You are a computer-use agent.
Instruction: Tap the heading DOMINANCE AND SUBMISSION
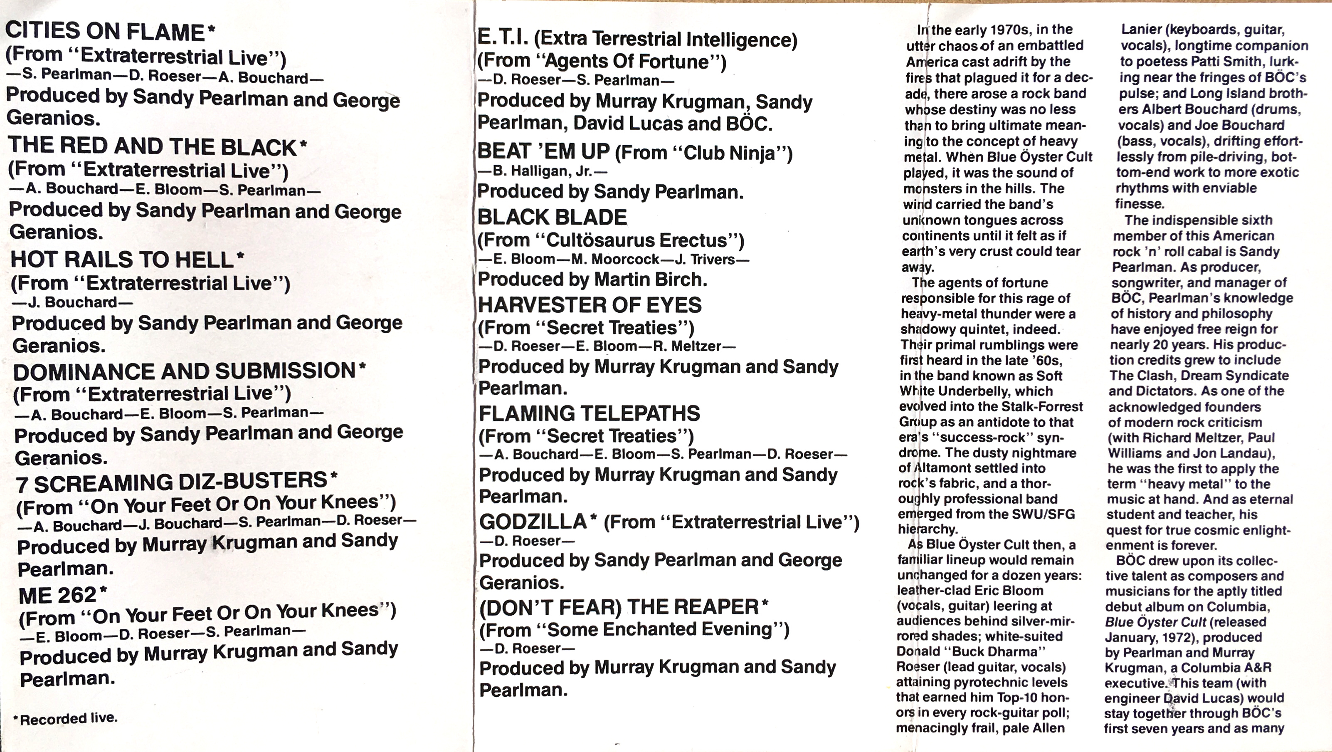[184, 371]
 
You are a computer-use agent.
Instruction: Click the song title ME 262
[57, 596]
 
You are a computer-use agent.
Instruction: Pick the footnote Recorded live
[68, 718]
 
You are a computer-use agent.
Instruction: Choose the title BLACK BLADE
[552, 218]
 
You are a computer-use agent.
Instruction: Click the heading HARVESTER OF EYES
[590, 305]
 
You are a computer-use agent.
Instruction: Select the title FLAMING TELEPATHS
[589, 414]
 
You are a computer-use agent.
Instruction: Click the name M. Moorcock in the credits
[615, 259]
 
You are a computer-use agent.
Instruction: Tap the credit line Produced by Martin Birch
[592, 280]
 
